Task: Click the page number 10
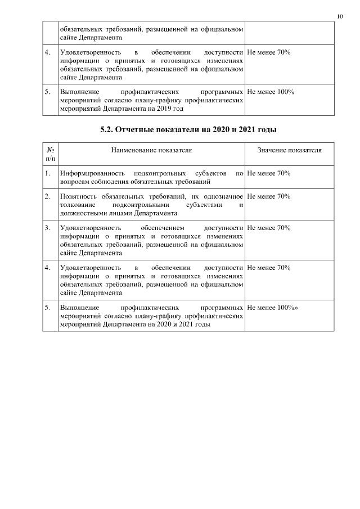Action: pyautogui.click(x=340, y=16)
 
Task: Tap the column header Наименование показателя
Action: pyautogui.click(x=151, y=151)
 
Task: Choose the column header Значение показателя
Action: pyautogui.click(x=289, y=151)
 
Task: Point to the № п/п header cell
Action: pyautogui.click(x=51, y=155)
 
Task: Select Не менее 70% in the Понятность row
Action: pyautogui.click(x=268, y=196)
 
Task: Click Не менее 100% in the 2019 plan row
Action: pyautogui.click(x=271, y=91)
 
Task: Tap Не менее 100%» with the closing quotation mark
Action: pyautogui.click(x=272, y=308)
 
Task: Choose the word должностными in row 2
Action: pyautogui.click(x=82, y=213)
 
